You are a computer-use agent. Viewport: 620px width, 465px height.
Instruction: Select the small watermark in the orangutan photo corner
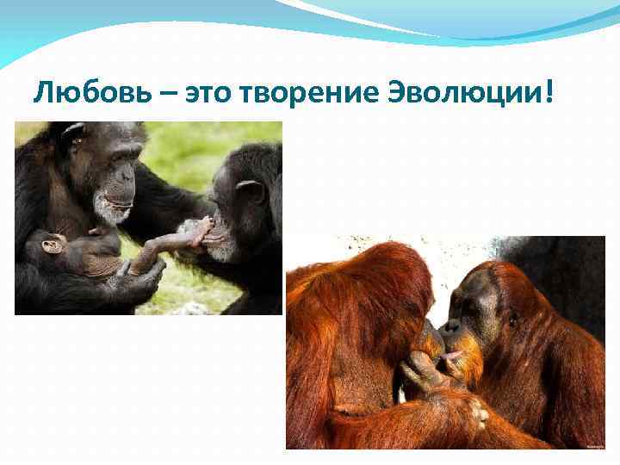(x=593, y=445)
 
